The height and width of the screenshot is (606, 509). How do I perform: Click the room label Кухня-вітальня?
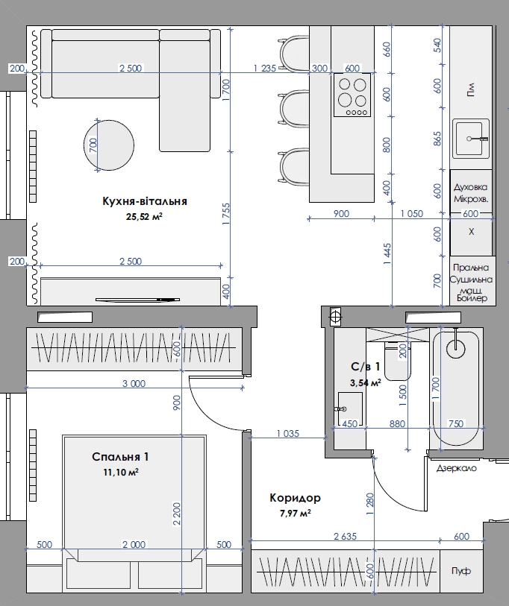click(x=145, y=201)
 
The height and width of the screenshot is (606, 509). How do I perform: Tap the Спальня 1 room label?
click(x=120, y=457)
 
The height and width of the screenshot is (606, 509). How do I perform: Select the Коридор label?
click(x=296, y=498)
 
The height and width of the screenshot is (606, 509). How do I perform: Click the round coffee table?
click(x=109, y=145)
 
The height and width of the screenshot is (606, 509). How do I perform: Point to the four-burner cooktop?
click(x=352, y=95)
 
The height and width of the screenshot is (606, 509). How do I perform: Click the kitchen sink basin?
click(x=471, y=139)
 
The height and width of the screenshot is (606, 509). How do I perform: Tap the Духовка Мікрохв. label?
click(x=471, y=193)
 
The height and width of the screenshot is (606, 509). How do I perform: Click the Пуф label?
click(x=461, y=571)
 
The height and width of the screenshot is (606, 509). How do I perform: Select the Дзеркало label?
click(x=456, y=468)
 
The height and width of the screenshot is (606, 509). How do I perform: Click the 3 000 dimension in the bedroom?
click(x=134, y=383)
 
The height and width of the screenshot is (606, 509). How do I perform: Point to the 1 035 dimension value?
click(x=288, y=434)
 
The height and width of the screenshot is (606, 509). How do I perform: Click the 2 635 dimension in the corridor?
click(x=345, y=537)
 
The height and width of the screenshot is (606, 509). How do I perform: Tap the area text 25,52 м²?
click(x=144, y=216)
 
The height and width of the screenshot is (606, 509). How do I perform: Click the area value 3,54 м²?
click(x=366, y=382)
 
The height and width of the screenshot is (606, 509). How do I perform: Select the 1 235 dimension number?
click(x=265, y=69)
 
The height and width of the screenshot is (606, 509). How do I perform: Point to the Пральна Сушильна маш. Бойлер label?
click(x=472, y=283)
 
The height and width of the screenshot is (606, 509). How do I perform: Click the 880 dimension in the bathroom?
click(x=397, y=423)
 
